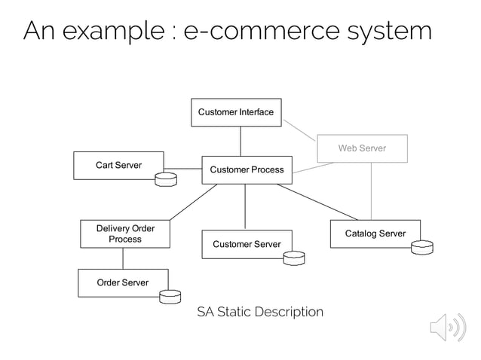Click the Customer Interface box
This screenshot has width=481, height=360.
pyautogui.click(x=236, y=112)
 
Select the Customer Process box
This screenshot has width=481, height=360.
pyautogui.click(x=247, y=169)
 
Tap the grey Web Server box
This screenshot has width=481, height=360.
pyautogui.click(x=361, y=148)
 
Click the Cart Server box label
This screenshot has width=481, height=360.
pyautogui.click(x=118, y=165)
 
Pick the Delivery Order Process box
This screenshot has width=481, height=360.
pyautogui.click(x=124, y=233)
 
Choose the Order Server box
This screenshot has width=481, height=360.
pyautogui.click(x=122, y=282)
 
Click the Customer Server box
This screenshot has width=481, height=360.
pyautogui.click(x=247, y=244)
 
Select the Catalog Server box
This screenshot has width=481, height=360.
pyautogui.click(x=375, y=233)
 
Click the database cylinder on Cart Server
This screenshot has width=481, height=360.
pyautogui.click(x=165, y=179)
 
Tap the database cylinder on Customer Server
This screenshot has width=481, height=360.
pyautogui.click(x=293, y=258)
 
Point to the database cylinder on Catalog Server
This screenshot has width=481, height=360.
pyautogui.click(x=422, y=247)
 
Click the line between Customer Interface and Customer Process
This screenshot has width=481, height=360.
pyautogui.click(x=240, y=141)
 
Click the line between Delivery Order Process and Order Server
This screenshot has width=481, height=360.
pyautogui.click(x=123, y=258)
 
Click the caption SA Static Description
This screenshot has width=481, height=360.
pyautogui.click(x=259, y=312)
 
